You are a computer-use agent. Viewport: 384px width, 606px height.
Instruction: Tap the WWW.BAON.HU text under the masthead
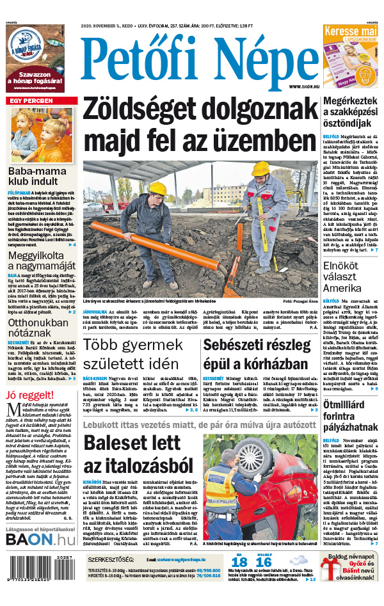[303, 86]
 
